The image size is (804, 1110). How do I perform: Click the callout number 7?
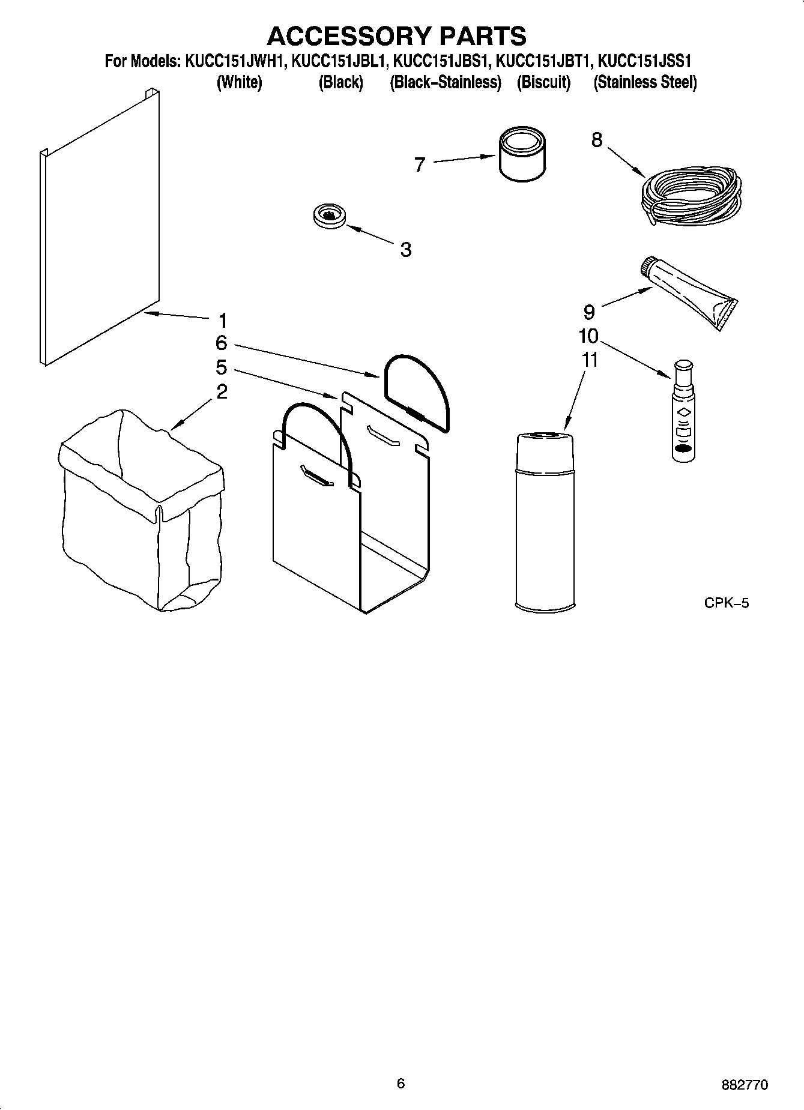click(x=420, y=164)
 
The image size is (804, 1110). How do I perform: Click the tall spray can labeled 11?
click(x=545, y=522)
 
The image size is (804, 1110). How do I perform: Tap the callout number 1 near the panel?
click(x=223, y=320)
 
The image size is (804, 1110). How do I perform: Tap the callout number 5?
click(x=222, y=367)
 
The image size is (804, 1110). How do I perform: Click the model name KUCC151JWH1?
click(x=234, y=62)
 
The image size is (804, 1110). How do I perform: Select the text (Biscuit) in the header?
click(x=543, y=83)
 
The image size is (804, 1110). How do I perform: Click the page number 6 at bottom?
click(x=400, y=1082)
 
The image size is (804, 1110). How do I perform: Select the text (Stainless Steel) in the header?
click(x=645, y=83)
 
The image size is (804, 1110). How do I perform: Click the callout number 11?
click(x=590, y=360)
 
